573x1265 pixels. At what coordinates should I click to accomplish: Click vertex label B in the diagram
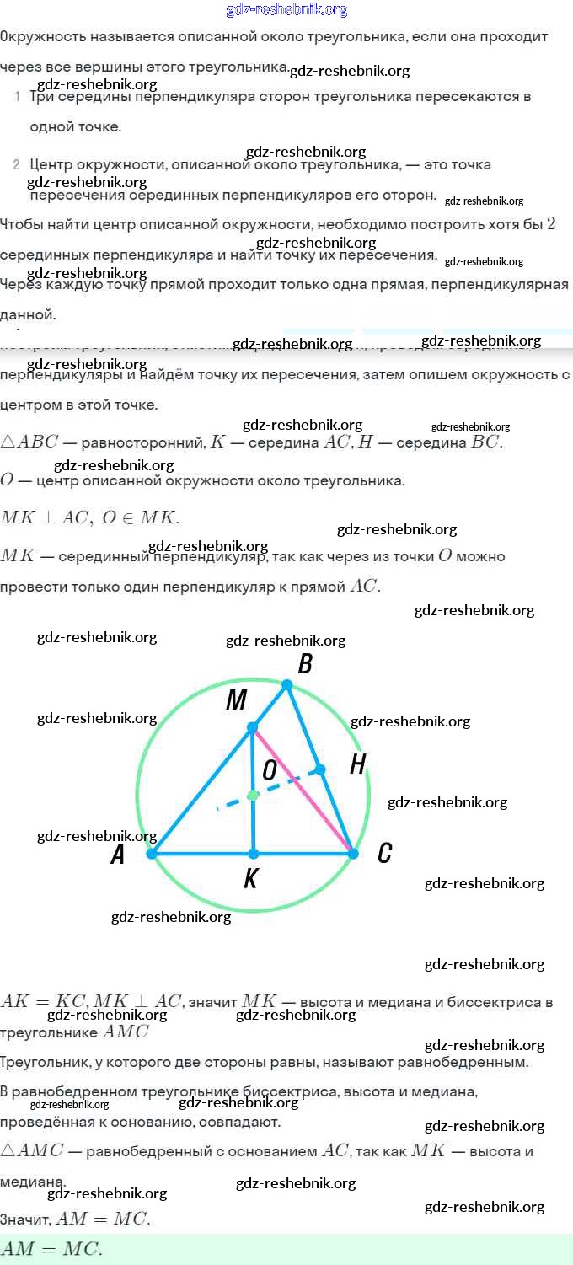[305, 664]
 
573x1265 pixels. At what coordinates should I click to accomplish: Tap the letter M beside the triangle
[236, 700]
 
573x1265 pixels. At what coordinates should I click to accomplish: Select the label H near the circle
[357, 765]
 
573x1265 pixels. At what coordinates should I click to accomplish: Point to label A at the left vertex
[118, 855]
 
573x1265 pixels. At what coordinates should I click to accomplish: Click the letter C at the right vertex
[384, 854]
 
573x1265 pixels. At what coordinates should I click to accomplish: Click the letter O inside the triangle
[270, 770]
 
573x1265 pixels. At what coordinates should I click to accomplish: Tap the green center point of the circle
[253, 795]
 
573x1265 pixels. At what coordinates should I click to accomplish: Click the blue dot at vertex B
[286, 685]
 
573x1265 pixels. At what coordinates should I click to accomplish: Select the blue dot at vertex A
[152, 854]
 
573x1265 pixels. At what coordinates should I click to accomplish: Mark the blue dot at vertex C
[353, 854]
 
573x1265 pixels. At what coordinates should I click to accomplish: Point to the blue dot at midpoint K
[253, 854]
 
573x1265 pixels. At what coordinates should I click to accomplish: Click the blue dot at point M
[252, 726]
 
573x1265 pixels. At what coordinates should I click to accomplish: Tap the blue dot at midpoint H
[320, 769]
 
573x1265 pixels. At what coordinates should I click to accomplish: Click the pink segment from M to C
[303, 791]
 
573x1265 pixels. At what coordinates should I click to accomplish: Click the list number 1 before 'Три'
[18, 97]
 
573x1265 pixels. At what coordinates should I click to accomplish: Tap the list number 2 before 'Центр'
[17, 164]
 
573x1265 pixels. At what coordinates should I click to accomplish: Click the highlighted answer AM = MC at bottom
[51, 1249]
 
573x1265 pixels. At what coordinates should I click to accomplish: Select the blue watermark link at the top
[286, 10]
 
